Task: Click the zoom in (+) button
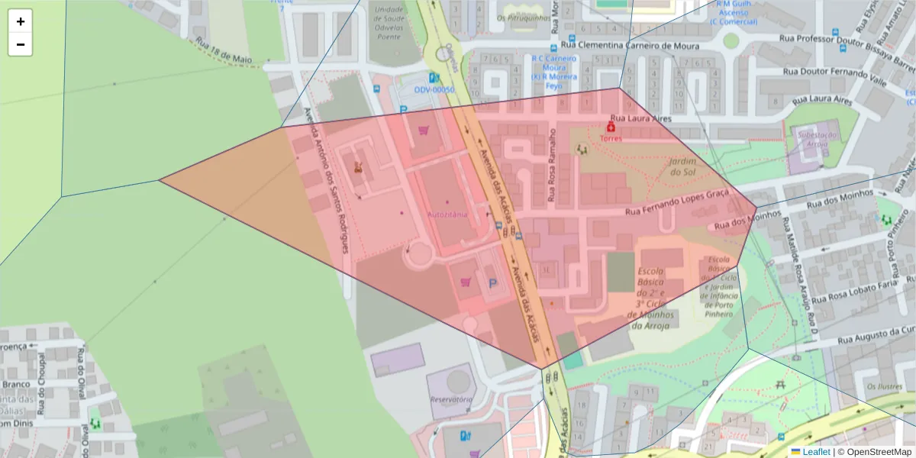point(20,21)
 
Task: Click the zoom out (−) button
point(20,44)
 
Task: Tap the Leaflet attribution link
point(816,451)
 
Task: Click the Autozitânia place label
point(447,214)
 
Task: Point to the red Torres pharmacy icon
point(611,127)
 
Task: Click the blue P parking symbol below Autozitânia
point(492,283)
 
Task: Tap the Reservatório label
point(450,399)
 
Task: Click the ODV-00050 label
point(434,89)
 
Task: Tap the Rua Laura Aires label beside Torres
point(640,118)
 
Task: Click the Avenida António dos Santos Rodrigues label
point(327,179)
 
